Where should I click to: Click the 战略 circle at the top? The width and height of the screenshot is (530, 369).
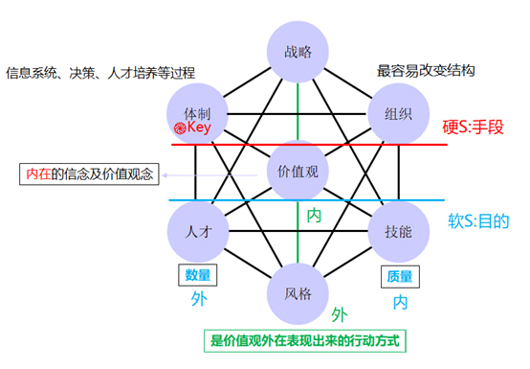(x=298, y=54)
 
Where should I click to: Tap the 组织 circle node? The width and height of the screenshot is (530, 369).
(x=397, y=113)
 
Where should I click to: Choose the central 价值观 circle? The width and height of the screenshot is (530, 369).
(x=298, y=172)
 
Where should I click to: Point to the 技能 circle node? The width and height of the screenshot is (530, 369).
(x=397, y=231)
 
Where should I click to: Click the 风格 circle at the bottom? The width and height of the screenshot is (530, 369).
(x=298, y=290)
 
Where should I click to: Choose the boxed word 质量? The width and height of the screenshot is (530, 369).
(x=400, y=276)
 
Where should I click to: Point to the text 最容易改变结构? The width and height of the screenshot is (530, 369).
(x=427, y=71)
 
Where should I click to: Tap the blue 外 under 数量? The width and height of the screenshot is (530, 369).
(x=198, y=299)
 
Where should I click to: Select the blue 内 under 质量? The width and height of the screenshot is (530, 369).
(x=400, y=302)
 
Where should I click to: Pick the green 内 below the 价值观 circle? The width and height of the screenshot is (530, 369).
(x=313, y=216)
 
